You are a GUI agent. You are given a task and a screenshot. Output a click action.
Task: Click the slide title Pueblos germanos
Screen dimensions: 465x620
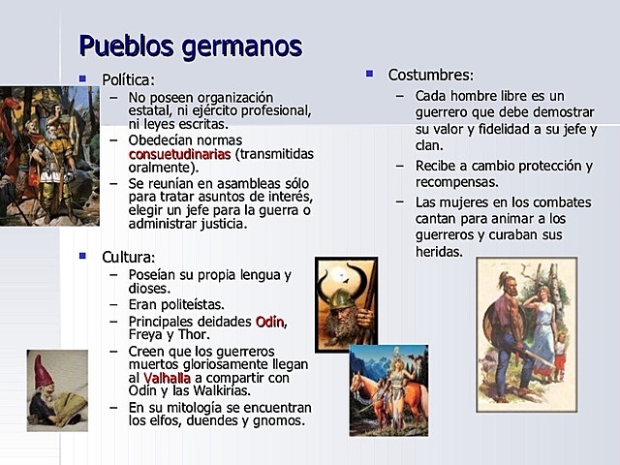pyautogui.click(x=190, y=46)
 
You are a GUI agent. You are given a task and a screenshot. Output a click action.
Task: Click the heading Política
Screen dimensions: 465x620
pyautogui.click(x=128, y=79)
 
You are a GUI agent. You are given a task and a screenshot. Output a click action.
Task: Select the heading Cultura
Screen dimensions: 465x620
pyautogui.click(x=128, y=257)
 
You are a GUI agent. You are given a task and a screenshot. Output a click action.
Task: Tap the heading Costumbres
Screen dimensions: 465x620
pyautogui.click(x=430, y=75)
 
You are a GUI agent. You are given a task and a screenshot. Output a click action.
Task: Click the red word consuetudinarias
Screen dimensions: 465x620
pyautogui.click(x=179, y=153)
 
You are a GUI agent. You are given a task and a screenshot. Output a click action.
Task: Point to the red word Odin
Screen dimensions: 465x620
pyautogui.click(x=271, y=321)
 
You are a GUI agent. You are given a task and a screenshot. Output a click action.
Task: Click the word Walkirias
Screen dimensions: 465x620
pyautogui.click(x=218, y=390)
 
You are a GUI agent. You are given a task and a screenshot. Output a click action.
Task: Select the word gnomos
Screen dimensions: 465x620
pyautogui.click(x=282, y=420)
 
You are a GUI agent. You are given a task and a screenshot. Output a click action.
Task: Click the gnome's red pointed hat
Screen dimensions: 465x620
pyautogui.click(x=44, y=369)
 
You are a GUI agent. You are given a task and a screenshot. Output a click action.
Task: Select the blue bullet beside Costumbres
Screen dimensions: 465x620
pyautogui.click(x=369, y=73)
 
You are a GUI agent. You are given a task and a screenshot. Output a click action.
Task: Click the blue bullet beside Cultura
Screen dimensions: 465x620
pyautogui.click(x=82, y=256)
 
